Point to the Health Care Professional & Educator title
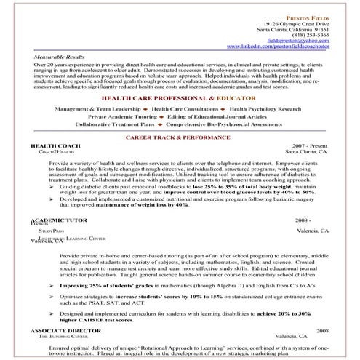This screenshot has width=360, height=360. [x=178, y=97]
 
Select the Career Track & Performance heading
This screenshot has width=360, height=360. [x=179, y=137]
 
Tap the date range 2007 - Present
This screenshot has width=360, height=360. [x=308, y=146]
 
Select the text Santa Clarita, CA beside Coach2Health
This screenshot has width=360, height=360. [x=306, y=153]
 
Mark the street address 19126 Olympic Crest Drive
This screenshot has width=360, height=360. [x=297, y=22]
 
